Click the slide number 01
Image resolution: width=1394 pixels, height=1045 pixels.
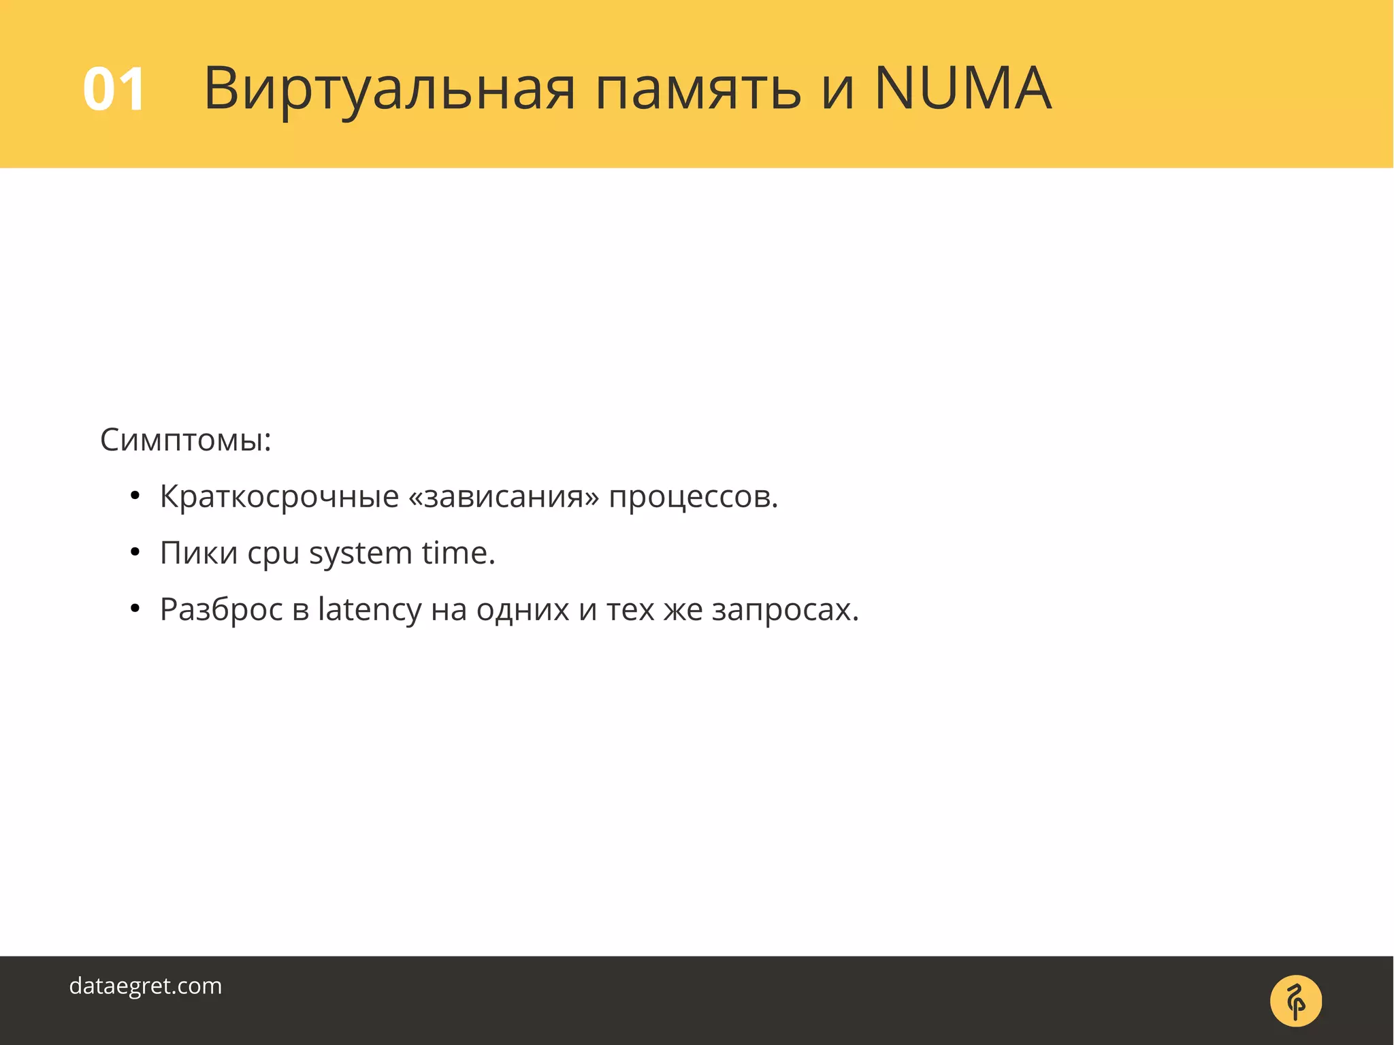114,89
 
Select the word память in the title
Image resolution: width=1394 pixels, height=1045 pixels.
698,89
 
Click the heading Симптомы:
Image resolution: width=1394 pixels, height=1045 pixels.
186,440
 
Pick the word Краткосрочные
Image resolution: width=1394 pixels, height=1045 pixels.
279,496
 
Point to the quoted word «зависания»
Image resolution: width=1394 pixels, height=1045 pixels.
504,496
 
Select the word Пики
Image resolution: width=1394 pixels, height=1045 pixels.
199,553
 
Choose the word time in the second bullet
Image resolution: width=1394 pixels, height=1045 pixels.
457,553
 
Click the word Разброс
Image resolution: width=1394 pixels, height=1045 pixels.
221,610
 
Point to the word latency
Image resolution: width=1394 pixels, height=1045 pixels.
370,610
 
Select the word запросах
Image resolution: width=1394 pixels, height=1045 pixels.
785,610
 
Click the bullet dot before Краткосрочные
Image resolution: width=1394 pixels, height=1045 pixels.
135,496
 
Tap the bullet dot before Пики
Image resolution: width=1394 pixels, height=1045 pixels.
135,553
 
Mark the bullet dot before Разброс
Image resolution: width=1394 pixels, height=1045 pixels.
135,609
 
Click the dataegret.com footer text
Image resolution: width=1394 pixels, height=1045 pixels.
146,986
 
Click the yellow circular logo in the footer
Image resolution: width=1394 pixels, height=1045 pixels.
1295,1001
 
